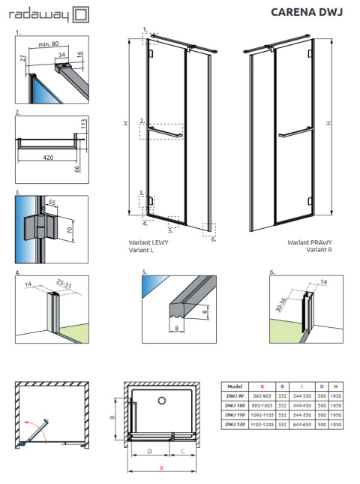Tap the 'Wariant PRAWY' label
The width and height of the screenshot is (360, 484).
(x=307, y=243)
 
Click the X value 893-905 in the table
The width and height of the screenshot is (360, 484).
(x=260, y=394)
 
